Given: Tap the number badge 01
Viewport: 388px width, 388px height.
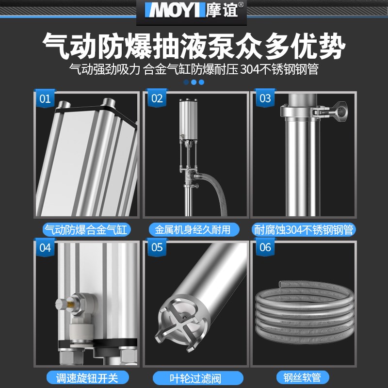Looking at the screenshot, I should tap(45, 99).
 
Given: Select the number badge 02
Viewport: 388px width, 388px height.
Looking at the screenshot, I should tap(157, 99).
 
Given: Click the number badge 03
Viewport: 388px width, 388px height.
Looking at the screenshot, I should tap(265, 99).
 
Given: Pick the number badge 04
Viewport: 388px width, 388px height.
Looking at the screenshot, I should tap(45, 247).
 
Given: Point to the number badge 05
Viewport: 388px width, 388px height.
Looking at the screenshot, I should tap(157, 247).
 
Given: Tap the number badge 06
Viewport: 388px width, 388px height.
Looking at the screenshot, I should tap(265, 247).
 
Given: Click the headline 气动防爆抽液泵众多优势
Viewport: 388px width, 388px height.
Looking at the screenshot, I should tap(194, 47).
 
